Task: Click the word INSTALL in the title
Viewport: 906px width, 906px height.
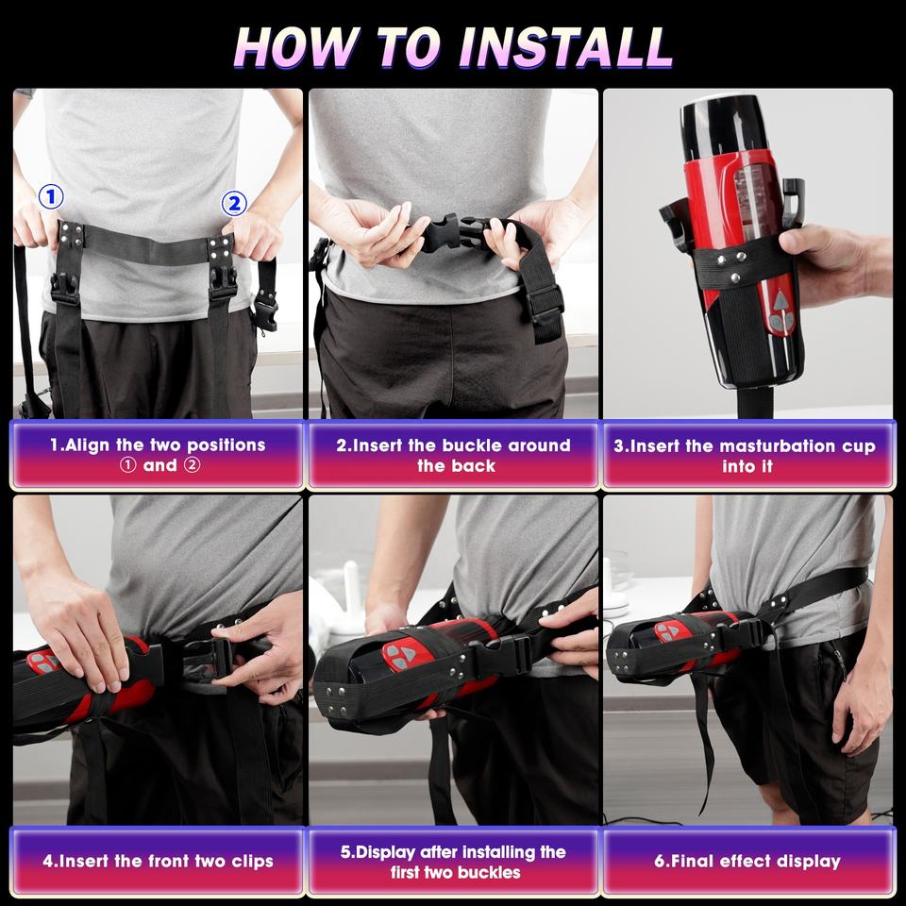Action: (565, 47)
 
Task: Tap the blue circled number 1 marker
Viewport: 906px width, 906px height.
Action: (51, 197)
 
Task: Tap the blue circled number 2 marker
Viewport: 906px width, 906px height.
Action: (234, 204)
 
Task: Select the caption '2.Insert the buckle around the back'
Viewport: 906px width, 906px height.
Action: (454, 455)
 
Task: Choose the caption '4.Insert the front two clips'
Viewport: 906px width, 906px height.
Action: (158, 861)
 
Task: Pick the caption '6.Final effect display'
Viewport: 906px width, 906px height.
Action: (747, 861)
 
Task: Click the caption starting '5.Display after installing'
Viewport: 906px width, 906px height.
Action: (454, 862)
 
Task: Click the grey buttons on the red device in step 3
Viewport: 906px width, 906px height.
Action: (780, 312)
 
